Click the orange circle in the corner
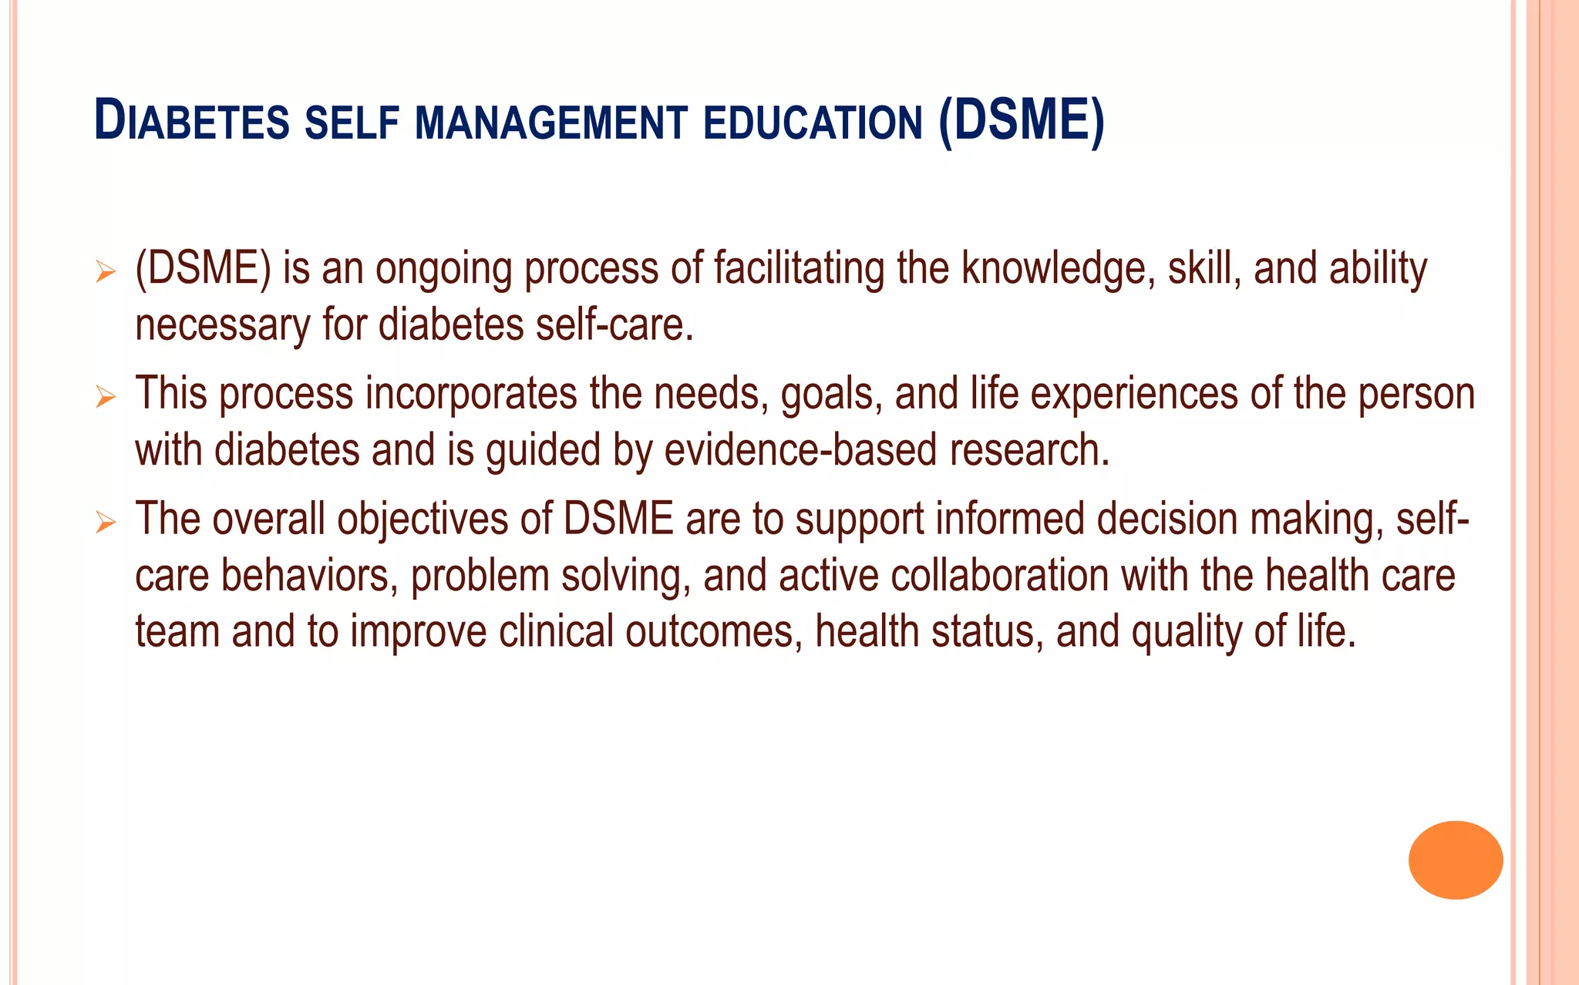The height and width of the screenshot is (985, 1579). pos(1455,859)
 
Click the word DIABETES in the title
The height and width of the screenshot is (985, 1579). pos(192,123)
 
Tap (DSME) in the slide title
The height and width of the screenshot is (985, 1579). pos(1022,121)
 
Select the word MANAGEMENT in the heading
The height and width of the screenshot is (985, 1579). pos(551,124)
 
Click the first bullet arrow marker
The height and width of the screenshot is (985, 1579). pos(106,271)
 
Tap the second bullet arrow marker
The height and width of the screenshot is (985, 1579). pos(106,397)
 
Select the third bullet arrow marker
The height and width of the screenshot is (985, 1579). pos(106,523)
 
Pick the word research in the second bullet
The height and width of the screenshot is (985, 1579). pos(1029,451)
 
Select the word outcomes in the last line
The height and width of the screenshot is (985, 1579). pos(709,632)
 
